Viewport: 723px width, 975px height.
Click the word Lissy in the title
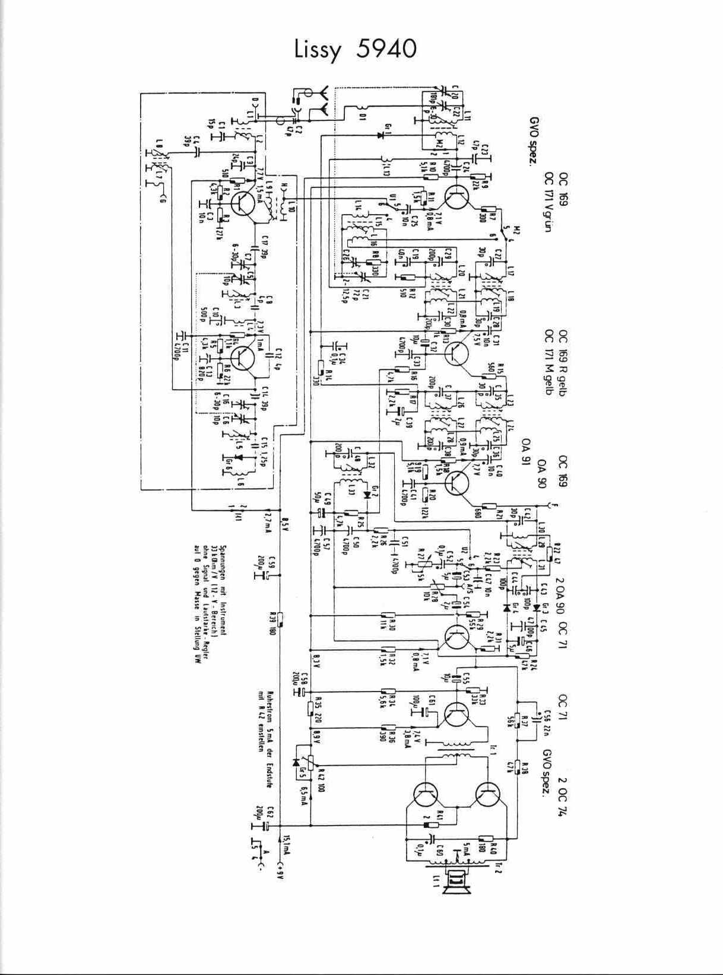pyautogui.click(x=318, y=50)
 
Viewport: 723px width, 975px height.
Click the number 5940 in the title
pyautogui.click(x=387, y=49)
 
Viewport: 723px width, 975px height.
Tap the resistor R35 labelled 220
pyautogui.click(x=310, y=708)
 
